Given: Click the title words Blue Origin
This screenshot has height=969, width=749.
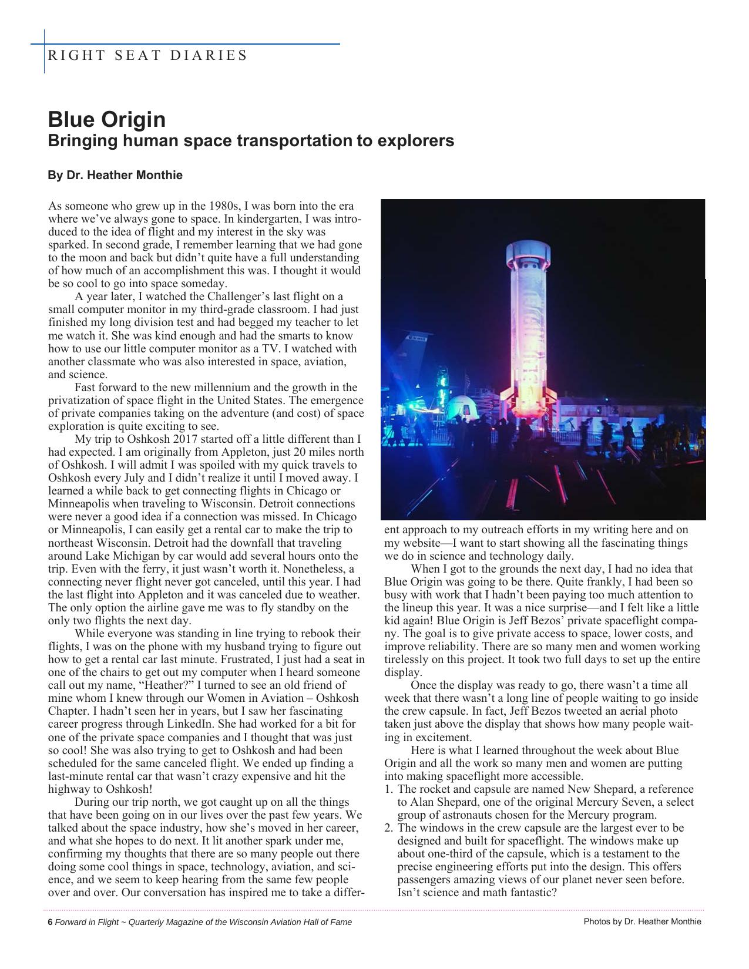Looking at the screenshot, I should (106, 119).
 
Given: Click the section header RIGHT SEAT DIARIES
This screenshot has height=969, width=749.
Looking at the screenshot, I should (147, 55).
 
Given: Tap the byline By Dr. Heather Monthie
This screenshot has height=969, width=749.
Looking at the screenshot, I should (115, 175).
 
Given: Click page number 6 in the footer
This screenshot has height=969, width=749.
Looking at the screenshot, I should (50, 922).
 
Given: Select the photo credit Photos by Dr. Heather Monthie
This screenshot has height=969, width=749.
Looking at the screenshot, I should (642, 921).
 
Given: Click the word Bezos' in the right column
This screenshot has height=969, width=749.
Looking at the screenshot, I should (527, 621).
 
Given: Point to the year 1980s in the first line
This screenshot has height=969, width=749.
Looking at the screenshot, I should (223, 206).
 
